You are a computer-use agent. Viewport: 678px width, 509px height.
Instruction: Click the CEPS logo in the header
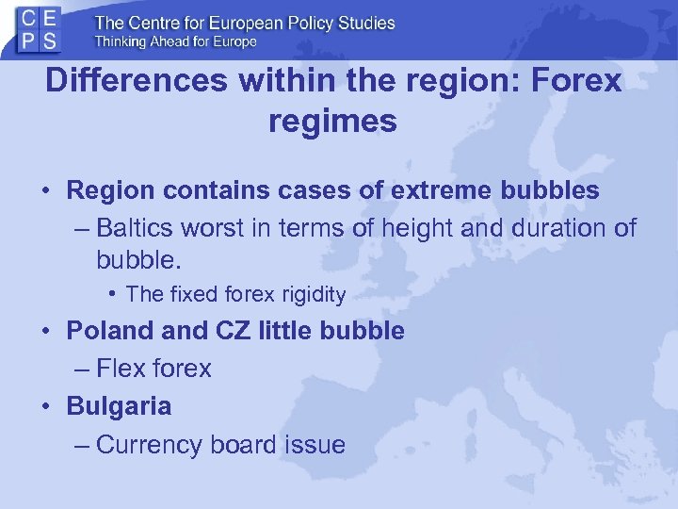coord(40,29)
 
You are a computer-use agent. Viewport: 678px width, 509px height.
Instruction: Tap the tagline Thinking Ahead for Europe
coord(175,41)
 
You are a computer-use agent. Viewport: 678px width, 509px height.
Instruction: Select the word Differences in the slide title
coord(137,81)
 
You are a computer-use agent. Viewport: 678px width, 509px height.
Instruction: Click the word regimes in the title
coord(333,121)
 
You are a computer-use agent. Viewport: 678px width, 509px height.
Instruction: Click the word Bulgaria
coord(119,406)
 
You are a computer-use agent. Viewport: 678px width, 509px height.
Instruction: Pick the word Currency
coord(153,444)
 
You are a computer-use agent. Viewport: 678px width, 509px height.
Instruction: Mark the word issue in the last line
coord(312,444)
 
